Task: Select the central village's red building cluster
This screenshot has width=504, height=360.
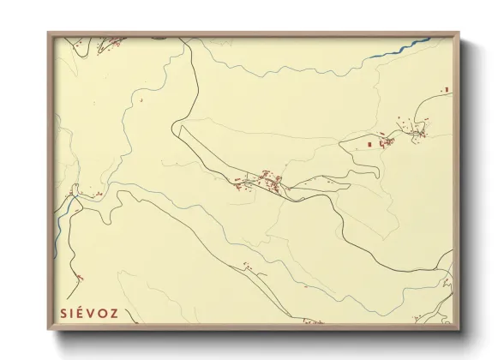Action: coord(261,181)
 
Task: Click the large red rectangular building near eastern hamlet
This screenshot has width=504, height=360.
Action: coord(370,145)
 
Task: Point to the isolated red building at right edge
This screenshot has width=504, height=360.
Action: coord(446,88)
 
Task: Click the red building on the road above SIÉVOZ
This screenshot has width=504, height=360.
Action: coord(80,277)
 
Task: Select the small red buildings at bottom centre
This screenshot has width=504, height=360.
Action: coord(249,267)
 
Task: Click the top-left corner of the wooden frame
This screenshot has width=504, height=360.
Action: coord(50,33)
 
